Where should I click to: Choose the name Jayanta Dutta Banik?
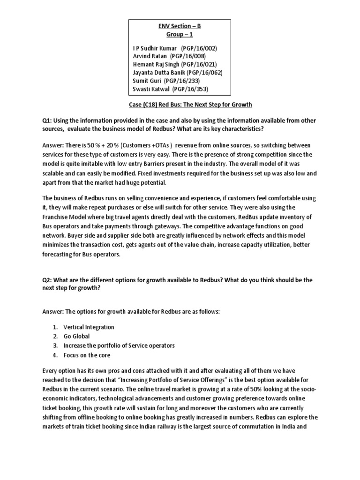[159, 73]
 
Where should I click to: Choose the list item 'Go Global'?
[77, 336]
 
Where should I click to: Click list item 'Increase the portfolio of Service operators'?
[119, 345]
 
